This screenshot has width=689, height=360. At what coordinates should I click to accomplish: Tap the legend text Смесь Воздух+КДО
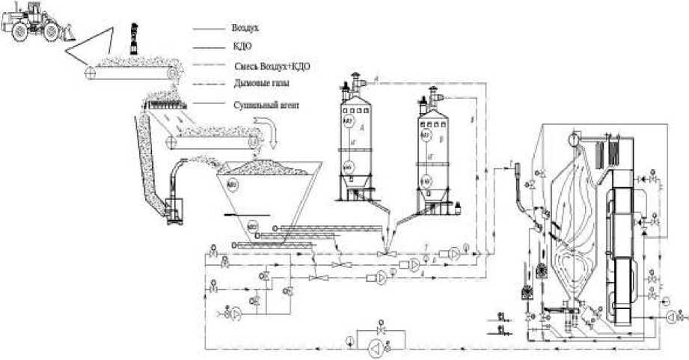point(270,66)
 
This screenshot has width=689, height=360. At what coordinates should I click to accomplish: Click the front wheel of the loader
point(49,31)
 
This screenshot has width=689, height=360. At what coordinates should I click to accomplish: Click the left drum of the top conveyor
point(91,73)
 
